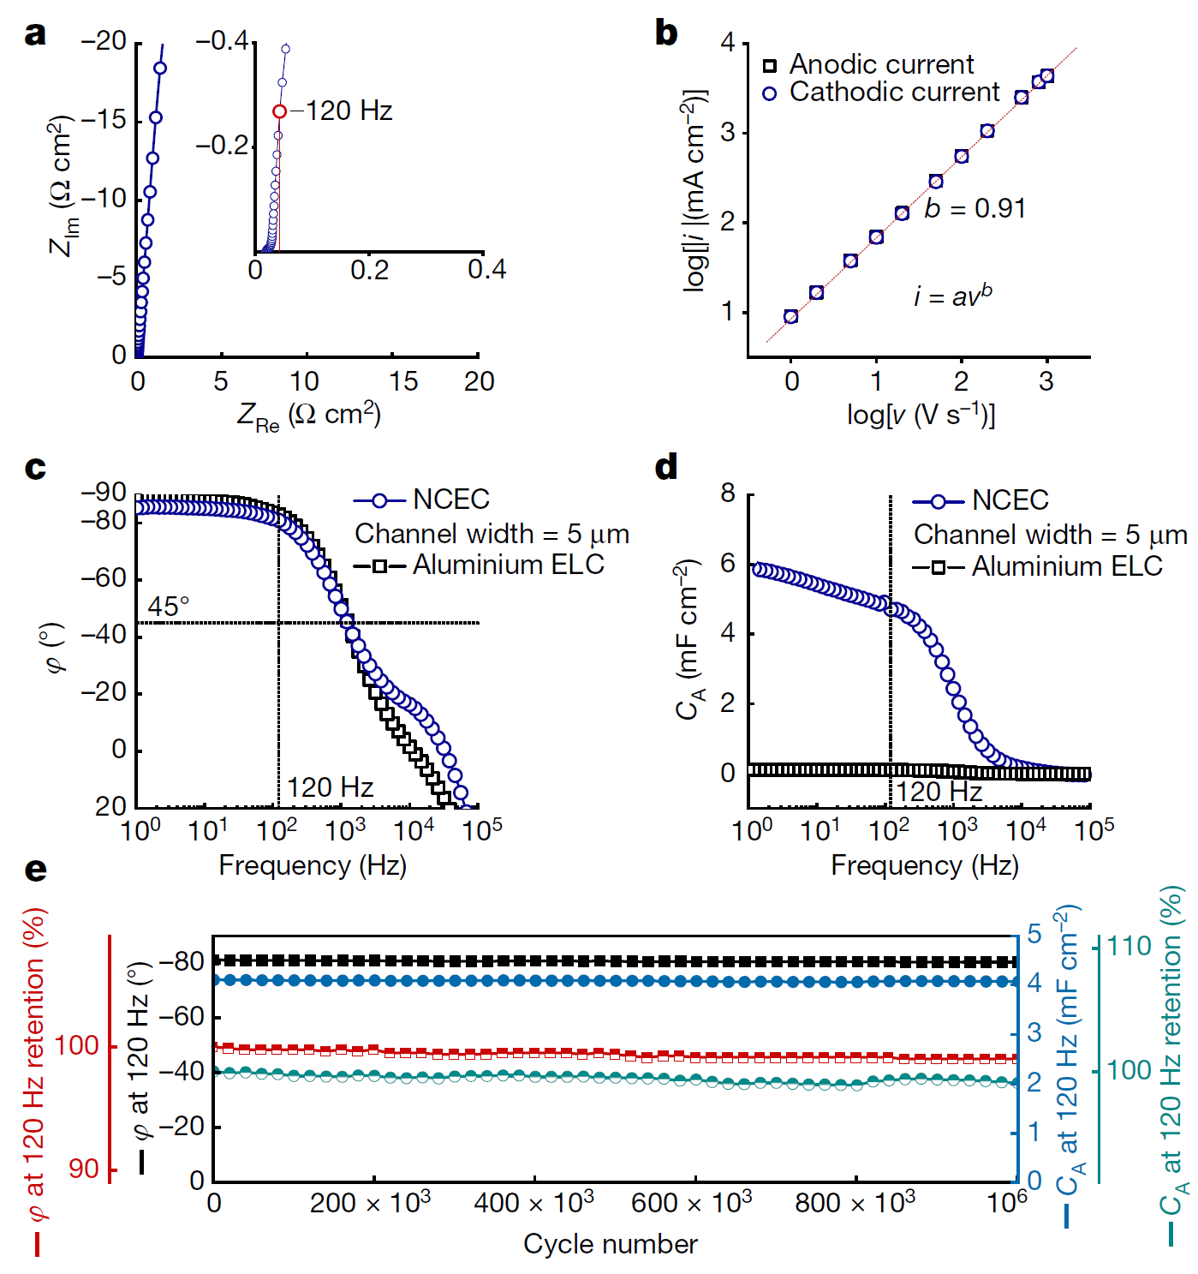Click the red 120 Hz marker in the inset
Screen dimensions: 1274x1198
[279, 111]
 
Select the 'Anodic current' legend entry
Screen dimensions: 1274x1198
[880, 64]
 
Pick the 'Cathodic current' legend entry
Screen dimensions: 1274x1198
[893, 92]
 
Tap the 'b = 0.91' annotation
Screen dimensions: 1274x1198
[974, 208]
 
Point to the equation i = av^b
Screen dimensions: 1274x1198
[952, 296]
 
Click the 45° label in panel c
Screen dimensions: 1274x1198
[168, 607]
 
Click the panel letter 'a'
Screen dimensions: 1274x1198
[35, 34]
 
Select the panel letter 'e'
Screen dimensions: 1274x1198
[35, 870]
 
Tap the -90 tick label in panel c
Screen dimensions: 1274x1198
[104, 492]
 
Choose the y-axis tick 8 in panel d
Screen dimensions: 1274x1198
[728, 493]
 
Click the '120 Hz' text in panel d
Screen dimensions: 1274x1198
[939, 791]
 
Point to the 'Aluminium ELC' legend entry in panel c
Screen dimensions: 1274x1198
[508, 565]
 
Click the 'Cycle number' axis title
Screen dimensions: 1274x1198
[610, 1243]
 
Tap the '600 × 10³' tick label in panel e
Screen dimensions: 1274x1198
[691, 1202]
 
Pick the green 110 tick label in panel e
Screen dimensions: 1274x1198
[1129, 947]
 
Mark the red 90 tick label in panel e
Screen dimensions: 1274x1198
[84, 1169]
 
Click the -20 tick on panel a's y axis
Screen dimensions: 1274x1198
[104, 41]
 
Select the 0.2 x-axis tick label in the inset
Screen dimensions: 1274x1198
[369, 271]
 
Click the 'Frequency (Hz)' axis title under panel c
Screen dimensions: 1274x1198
[313, 865]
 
